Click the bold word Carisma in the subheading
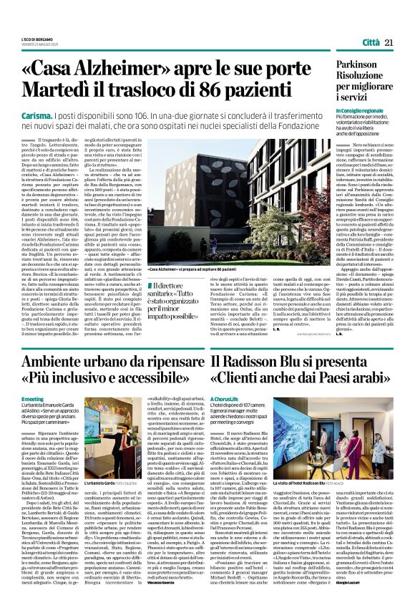pos(39,115)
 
